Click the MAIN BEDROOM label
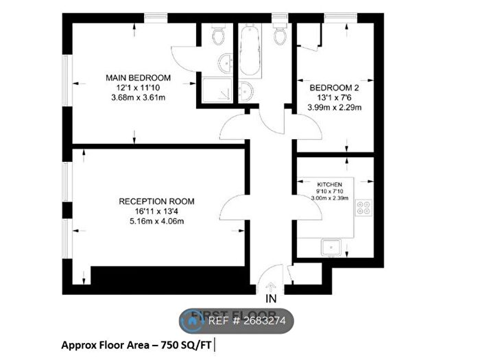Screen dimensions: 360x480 click(x=139, y=77)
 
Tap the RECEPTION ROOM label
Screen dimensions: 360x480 click(x=156, y=201)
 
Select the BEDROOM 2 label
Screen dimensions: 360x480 click(x=335, y=88)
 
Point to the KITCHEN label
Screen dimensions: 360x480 click(x=328, y=185)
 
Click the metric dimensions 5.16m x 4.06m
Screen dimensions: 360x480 click(x=156, y=221)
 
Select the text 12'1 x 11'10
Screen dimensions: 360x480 click(x=139, y=88)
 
